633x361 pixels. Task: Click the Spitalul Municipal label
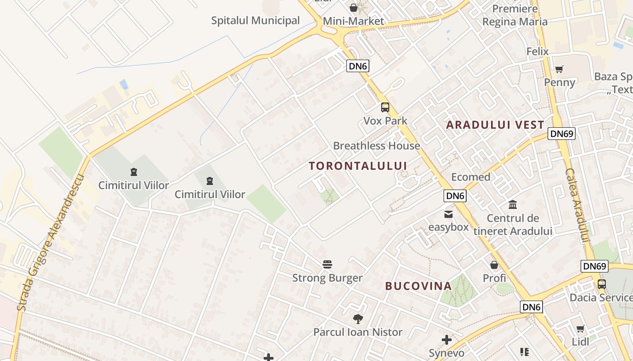pyautogui.click(x=255, y=20)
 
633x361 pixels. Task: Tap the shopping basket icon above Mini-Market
pyautogui.click(x=353, y=8)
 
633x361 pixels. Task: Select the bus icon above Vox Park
pyautogui.click(x=385, y=107)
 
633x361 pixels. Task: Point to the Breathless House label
pyautogui.click(x=376, y=146)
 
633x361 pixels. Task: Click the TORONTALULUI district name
pyautogui.click(x=358, y=166)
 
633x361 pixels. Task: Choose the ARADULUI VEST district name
pyautogui.click(x=495, y=125)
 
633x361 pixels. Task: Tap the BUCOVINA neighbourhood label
pyautogui.click(x=418, y=286)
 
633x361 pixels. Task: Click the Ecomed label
pyautogui.click(x=471, y=177)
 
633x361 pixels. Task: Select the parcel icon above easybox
pyautogui.click(x=448, y=214)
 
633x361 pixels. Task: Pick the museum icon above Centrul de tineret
pyautogui.click(x=513, y=205)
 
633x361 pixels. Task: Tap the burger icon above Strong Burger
pyautogui.click(x=327, y=264)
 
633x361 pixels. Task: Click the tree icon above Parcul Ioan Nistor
pyautogui.click(x=358, y=319)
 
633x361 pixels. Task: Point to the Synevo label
pyautogui.click(x=446, y=353)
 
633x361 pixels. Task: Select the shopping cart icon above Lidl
pyautogui.click(x=580, y=329)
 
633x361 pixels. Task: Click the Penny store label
pyautogui.click(x=560, y=82)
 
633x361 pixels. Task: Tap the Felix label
pyautogui.click(x=537, y=51)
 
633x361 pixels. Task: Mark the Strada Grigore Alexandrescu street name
pyautogui.click(x=51, y=242)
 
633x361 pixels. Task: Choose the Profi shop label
pyautogui.click(x=494, y=278)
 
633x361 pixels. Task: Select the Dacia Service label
pyautogui.click(x=601, y=297)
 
